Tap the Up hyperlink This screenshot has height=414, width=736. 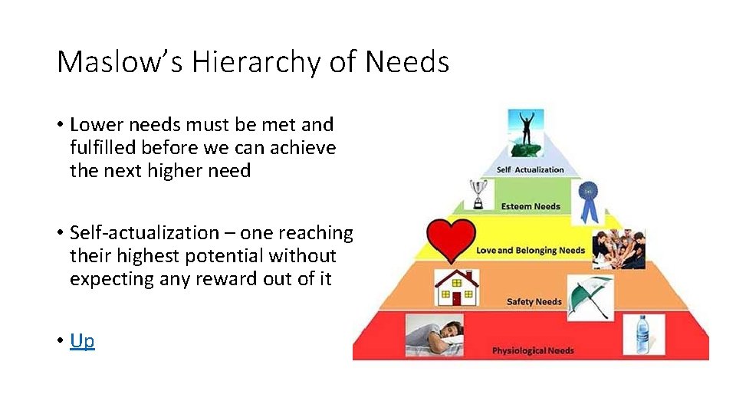(x=82, y=340)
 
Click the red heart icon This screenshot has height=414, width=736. (x=451, y=238)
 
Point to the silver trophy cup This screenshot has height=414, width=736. (x=478, y=195)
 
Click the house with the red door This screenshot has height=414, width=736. (x=457, y=287)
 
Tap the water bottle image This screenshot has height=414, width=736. (x=642, y=336)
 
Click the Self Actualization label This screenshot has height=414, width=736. (x=531, y=170)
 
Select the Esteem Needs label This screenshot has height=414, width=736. (x=531, y=206)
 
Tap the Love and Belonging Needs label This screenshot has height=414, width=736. (x=531, y=251)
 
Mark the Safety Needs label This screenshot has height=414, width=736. (x=534, y=302)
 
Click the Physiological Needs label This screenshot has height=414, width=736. (x=533, y=351)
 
